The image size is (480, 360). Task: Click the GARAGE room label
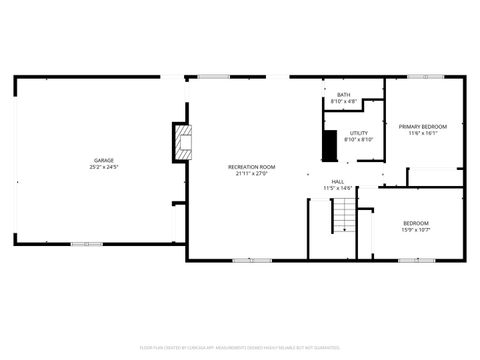click(104, 160)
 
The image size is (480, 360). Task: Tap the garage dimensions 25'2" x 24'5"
click(104, 167)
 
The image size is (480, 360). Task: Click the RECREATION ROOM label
click(252, 166)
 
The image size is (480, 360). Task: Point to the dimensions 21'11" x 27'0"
click(252, 173)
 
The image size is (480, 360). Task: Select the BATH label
click(343, 95)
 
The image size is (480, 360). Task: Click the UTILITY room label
click(358, 133)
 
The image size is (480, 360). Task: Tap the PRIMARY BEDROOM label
click(423, 126)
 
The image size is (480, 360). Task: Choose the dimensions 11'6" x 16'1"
click(423, 133)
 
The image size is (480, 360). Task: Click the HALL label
click(338, 181)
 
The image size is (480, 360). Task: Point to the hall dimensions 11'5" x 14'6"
click(338, 188)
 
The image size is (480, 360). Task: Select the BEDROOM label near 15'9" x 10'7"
click(416, 223)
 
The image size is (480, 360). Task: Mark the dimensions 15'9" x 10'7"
click(416, 230)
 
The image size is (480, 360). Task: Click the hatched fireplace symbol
click(181, 142)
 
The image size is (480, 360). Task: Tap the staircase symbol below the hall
click(343, 214)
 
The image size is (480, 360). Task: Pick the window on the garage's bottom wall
click(86, 243)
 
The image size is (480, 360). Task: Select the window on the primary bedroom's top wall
click(431, 77)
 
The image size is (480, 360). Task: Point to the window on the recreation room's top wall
click(213, 77)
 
